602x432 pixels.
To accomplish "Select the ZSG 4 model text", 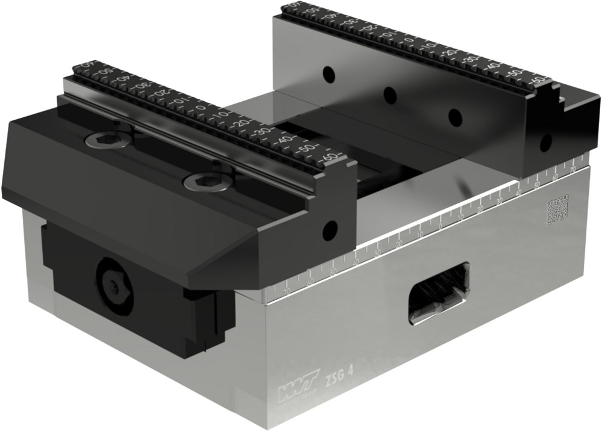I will point(339,378).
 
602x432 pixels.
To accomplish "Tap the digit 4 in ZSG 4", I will point(350,375).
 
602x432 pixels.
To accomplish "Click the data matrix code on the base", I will point(557,209).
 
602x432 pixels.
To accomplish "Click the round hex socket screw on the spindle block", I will point(113,285).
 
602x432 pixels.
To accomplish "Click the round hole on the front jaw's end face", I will point(329,229).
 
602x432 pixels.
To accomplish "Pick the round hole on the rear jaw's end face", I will point(545,143).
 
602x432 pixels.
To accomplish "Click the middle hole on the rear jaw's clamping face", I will point(390,94).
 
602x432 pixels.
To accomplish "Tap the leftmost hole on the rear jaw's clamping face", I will point(328,74).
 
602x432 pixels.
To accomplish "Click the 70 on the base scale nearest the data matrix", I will point(572,171).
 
